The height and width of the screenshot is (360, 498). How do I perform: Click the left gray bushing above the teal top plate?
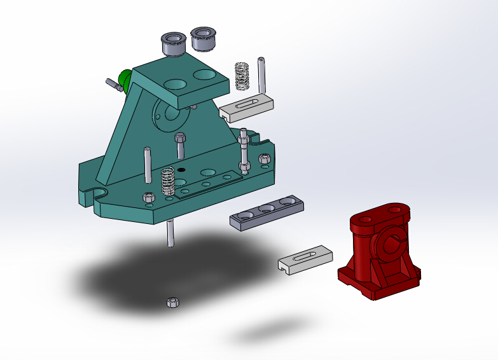pyautogui.click(x=172, y=43)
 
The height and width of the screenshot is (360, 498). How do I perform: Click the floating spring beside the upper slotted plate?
pyautogui.click(x=242, y=76)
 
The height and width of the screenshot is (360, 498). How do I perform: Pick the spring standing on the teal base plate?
pyautogui.click(x=168, y=181)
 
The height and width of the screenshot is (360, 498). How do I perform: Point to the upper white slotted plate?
pyautogui.click(x=247, y=107)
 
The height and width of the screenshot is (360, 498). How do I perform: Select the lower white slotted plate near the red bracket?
pyautogui.click(x=305, y=260)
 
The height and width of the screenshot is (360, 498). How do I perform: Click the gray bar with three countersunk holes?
pyautogui.click(x=266, y=211)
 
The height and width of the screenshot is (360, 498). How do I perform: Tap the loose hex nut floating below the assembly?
pyautogui.click(x=171, y=302)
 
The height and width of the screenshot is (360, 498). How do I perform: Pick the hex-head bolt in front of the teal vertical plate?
pyautogui.click(x=180, y=145)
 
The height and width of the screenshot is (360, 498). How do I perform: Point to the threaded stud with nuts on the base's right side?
pyautogui.click(x=244, y=153)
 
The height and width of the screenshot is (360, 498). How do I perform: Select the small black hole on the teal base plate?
pyautogui.click(x=181, y=170)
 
